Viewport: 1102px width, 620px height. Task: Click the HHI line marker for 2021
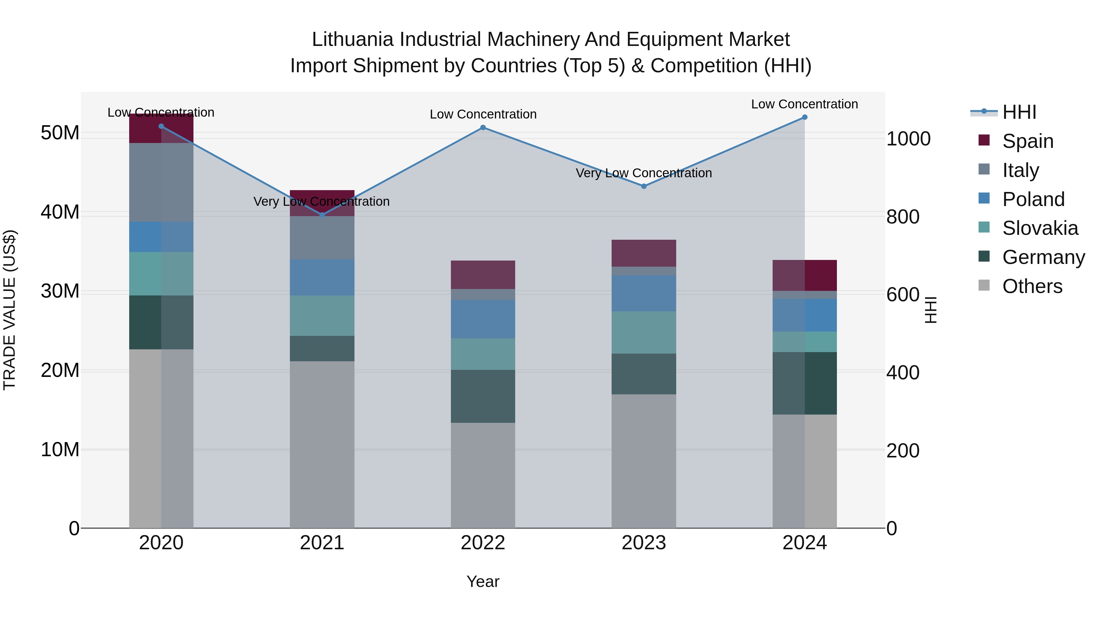coord(322,214)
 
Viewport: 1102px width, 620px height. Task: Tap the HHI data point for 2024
coord(804,117)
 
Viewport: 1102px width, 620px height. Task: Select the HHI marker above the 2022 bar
coord(483,127)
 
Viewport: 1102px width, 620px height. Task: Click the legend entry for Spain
coord(1027,141)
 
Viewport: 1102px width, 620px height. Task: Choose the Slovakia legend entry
coord(1040,228)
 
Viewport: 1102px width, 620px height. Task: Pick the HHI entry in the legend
coord(1018,112)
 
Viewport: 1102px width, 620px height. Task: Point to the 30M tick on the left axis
coord(60,291)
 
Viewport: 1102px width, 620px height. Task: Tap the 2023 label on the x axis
coord(643,543)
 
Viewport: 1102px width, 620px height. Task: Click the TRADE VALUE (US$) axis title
coord(9,310)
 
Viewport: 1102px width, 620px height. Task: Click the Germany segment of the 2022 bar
coord(483,396)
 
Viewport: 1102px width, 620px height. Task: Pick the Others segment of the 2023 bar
coord(643,461)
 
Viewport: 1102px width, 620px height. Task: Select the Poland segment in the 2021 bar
coord(322,277)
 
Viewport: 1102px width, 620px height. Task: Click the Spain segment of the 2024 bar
coord(804,276)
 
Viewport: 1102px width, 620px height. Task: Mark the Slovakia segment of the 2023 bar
coord(643,333)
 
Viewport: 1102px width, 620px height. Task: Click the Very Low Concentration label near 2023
coord(643,173)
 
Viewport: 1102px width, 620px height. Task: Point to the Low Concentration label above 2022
coord(483,114)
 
